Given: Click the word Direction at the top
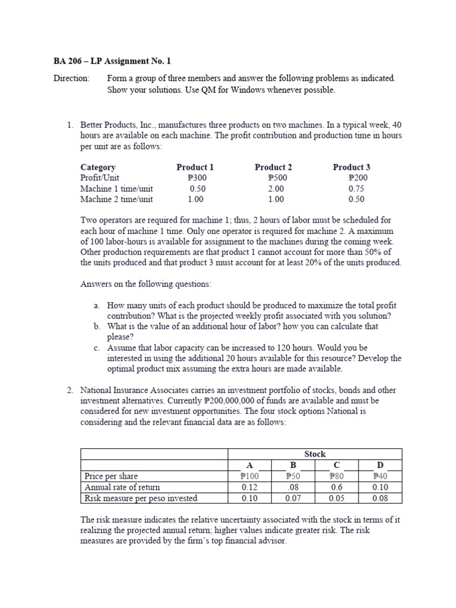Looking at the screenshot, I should (71, 78).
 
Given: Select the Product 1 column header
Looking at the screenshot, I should (195, 167).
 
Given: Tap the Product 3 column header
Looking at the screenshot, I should (351, 167).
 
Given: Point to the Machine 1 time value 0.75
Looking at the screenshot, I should (356, 189).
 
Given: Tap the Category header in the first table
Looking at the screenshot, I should (98, 167).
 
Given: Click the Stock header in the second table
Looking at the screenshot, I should (315, 454).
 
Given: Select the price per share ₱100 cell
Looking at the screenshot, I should (249, 476).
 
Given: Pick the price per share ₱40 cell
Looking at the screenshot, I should (380, 476).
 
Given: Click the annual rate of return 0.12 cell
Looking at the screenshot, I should (249, 487).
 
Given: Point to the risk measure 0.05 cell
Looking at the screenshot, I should (337, 498).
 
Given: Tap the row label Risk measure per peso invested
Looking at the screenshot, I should (141, 498).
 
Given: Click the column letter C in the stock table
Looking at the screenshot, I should (337, 465).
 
